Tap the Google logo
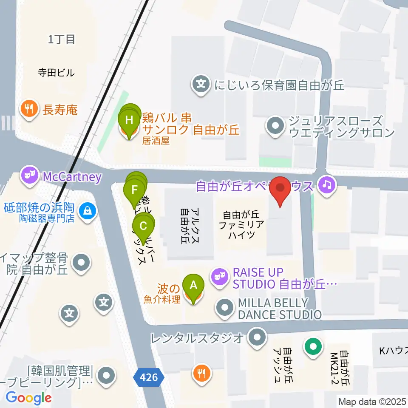(28, 398)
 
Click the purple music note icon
(326, 185)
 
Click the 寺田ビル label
(56, 72)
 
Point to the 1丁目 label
(62, 40)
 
